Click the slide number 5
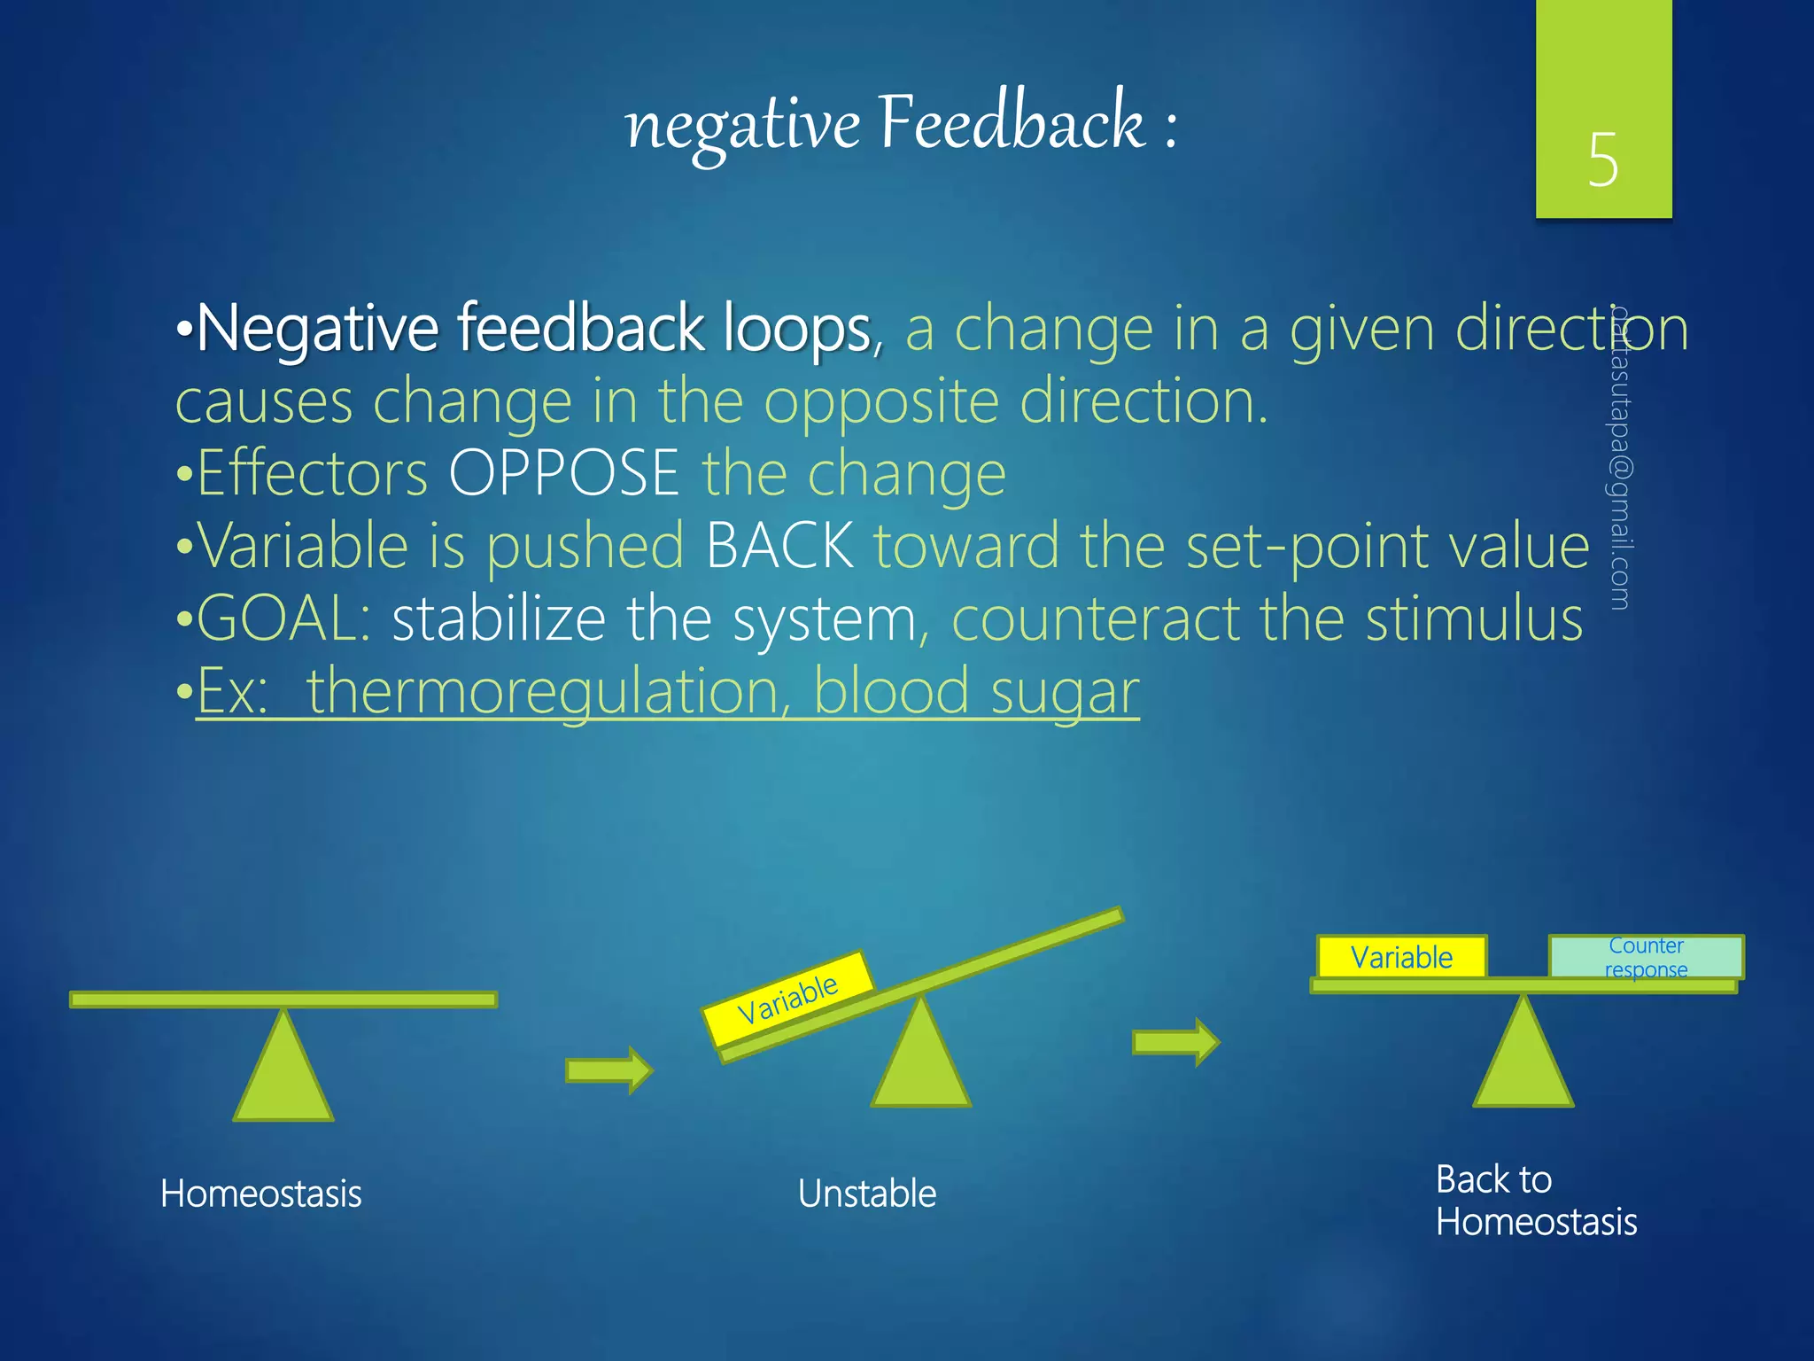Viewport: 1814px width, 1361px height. coord(1602,160)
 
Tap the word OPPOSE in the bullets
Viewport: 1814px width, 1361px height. coord(563,473)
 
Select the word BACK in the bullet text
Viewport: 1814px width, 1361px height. coord(779,546)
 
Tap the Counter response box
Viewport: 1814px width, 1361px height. coord(1646,958)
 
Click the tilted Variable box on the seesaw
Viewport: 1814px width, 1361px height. coord(787,999)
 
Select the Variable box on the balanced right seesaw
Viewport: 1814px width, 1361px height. coord(1401,958)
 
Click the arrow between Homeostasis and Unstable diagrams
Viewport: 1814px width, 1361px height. coord(609,1070)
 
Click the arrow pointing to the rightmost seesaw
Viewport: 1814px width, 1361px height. coord(1176,1042)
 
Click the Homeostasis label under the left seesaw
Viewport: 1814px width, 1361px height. coord(260,1194)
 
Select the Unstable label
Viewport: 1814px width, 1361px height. coord(866,1194)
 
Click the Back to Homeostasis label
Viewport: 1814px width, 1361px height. coord(1535,1202)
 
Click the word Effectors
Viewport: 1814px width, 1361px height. coord(313,473)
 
